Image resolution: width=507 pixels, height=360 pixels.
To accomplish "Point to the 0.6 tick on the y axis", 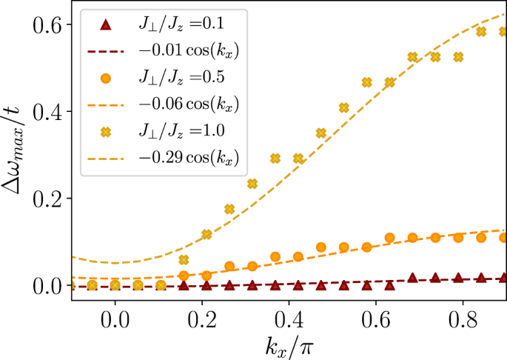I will pyautogui.click(x=54, y=24).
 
